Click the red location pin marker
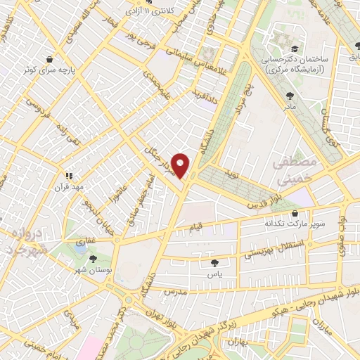click(181, 165)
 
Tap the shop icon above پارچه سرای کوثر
click(49, 60)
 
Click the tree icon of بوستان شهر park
click(94, 257)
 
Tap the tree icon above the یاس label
click(214, 263)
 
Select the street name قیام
click(197, 228)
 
